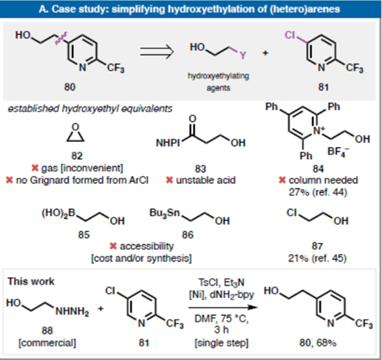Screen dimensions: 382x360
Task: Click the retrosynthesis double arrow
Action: (x=157, y=52)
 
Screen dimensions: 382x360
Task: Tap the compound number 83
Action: (x=200, y=169)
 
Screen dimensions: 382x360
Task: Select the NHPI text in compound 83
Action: (x=168, y=143)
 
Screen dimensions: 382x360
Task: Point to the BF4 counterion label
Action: (x=338, y=152)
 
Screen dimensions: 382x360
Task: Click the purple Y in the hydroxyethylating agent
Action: (x=243, y=55)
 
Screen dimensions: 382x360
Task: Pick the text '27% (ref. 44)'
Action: (x=318, y=192)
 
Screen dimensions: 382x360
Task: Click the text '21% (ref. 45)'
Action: (x=317, y=258)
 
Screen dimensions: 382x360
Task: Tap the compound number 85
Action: (x=83, y=235)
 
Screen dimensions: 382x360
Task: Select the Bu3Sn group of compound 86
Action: (x=165, y=213)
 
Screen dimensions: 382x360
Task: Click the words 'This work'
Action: (x=31, y=282)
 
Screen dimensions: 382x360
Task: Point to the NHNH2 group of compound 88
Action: (x=72, y=312)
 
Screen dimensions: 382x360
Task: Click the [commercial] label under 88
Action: (x=47, y=343)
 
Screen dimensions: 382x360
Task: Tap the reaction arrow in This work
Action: (x=223, y=308)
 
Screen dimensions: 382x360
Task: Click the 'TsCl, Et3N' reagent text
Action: (x=221, y=282)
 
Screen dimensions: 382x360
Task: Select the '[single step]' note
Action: (x=222, y=343)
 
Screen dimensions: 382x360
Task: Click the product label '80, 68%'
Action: (x=318, y=343)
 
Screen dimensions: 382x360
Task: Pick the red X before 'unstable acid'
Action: (x=169, y=180)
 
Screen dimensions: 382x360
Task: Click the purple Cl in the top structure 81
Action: (x=290, y=35)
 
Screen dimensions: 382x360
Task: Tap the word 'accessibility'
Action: (x=146, y=246)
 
